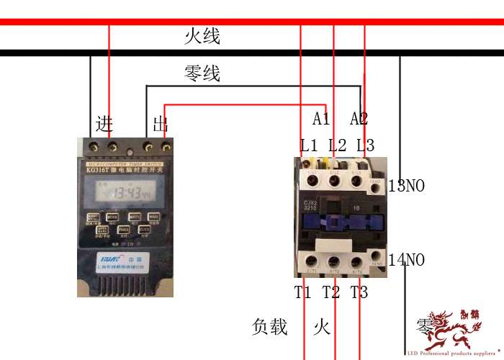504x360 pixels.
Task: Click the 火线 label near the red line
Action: click(x=202, y=37)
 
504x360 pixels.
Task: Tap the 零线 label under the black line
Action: click(x=202, y=73)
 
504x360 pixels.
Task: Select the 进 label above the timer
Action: click(x=104, y=124)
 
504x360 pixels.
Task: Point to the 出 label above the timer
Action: click(x=161, y=124)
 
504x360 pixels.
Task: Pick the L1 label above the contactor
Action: click(x=309, y=145)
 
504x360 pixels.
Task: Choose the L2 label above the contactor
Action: click(x=337, y=145)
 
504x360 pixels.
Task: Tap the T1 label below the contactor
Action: click(x=303, y=292)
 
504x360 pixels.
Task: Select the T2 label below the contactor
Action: click(x=331, y=292)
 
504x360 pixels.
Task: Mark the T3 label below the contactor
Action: click(x=359, y=292)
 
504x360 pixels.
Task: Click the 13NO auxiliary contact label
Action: click(x=407, y=186)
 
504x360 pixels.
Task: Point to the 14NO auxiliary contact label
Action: click(x=407, y=259)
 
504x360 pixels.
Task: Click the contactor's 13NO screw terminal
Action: click(x=375, y=184)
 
